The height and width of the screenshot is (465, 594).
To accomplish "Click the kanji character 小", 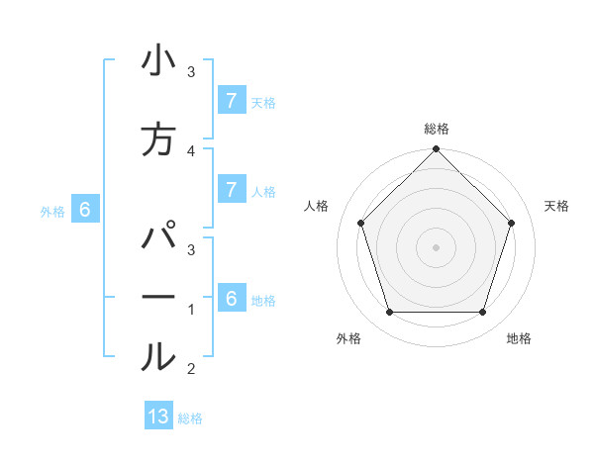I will [x=157, y=62].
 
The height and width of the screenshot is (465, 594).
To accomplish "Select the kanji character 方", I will [x=157, y=139].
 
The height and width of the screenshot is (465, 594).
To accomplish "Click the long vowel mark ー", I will [x=157, y=298].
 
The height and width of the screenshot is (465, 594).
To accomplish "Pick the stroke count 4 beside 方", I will [x=191, y=150].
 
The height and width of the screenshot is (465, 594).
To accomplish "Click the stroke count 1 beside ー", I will [x=191, y=310].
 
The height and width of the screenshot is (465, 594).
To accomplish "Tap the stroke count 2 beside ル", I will [x=191, y=369].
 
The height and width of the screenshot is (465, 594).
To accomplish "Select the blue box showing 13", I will [x=158, y=417].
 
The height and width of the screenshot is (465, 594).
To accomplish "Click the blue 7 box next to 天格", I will [x=231, y=100].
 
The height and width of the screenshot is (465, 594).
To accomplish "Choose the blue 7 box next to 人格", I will [x=231, y=189].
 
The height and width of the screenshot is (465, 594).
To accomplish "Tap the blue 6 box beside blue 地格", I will [x=231, y=298].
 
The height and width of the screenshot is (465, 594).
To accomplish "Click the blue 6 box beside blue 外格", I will [x=85, y=209].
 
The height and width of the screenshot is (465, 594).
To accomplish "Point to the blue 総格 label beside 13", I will [x=190, y=418].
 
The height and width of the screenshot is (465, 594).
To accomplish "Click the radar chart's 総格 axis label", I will [x=436, y=129].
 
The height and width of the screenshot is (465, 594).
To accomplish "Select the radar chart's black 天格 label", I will [x=556, y=206].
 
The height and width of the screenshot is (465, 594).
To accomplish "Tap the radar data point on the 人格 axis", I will [x=360, y=223].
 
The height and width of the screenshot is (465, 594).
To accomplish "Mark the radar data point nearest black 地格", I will [x=482, y=313].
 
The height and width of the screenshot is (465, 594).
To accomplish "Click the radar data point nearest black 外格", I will [x=389, y=313].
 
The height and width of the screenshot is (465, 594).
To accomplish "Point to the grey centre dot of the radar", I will [x=436, y=247].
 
